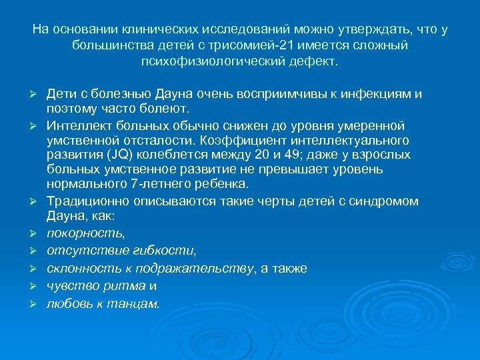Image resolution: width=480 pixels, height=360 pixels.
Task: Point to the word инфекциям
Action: pyautogui.click(x=379, y=93)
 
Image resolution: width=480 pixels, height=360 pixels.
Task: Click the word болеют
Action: pyautogui.click(x=168, y=107)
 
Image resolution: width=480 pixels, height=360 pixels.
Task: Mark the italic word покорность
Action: pyautogui.click(x=85, y=233)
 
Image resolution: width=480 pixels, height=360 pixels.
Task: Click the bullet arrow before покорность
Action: pyautogui.click(x=39, y=234)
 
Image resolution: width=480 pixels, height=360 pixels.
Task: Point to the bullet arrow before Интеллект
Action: pyautogui.click(x=39, y=126)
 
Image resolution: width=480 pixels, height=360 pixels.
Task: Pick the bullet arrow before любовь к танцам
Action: pyautogui.click(x=39, y=305)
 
